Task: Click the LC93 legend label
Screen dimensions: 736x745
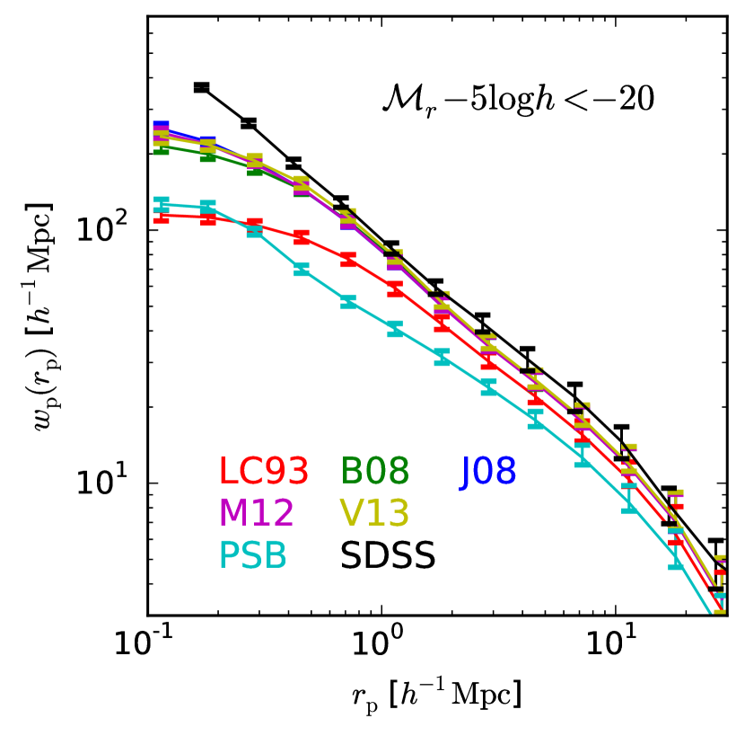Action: pyautogui.click(x=265, y=469)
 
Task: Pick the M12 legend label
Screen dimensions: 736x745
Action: pyautogui.click(x=256, y=512)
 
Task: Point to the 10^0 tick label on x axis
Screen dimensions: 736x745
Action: pyautogui.click(x=381, y=643)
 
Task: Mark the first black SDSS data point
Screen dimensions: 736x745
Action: pyautogui.click(x=201, y=87)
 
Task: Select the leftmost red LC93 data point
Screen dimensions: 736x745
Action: pyautogui.click(x=162, y=216)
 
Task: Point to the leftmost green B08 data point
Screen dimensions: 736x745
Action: pyautogui.click(x=162, y=149)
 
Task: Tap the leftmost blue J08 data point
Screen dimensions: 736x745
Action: pyautogui.click(x=162, y=127)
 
